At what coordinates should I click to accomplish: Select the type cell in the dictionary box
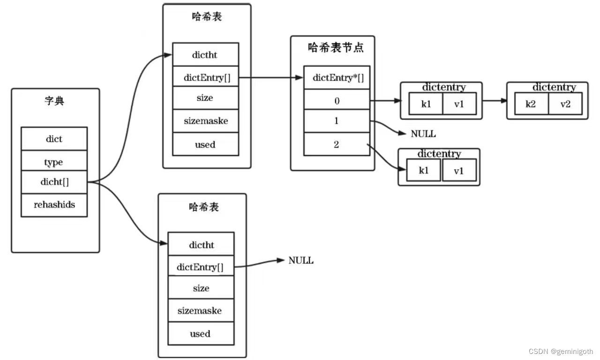tap(54, 162)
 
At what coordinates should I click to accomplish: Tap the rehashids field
tap(54, 205)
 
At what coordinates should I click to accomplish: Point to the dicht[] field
tap(54, 182)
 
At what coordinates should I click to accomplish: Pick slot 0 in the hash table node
tap(337, 100)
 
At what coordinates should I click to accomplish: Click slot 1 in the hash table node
tap(337, 121)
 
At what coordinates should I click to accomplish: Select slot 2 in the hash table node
tap(337, 144)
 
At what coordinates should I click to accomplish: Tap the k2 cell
tap(531, 104)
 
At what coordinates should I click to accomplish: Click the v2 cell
tap(565, 104)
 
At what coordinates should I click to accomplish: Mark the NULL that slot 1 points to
tap(423, 134)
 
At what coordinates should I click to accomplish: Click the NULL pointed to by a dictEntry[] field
tap(301, 261)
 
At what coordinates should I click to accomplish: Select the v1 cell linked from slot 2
tap(459, 171)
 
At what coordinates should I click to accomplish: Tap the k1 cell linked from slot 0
tap(426, 104)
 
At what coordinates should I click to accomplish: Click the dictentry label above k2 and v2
tap(554, 87)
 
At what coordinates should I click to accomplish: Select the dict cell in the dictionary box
tap(54, 139)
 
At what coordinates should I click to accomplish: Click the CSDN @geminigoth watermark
tap(561, 352)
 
